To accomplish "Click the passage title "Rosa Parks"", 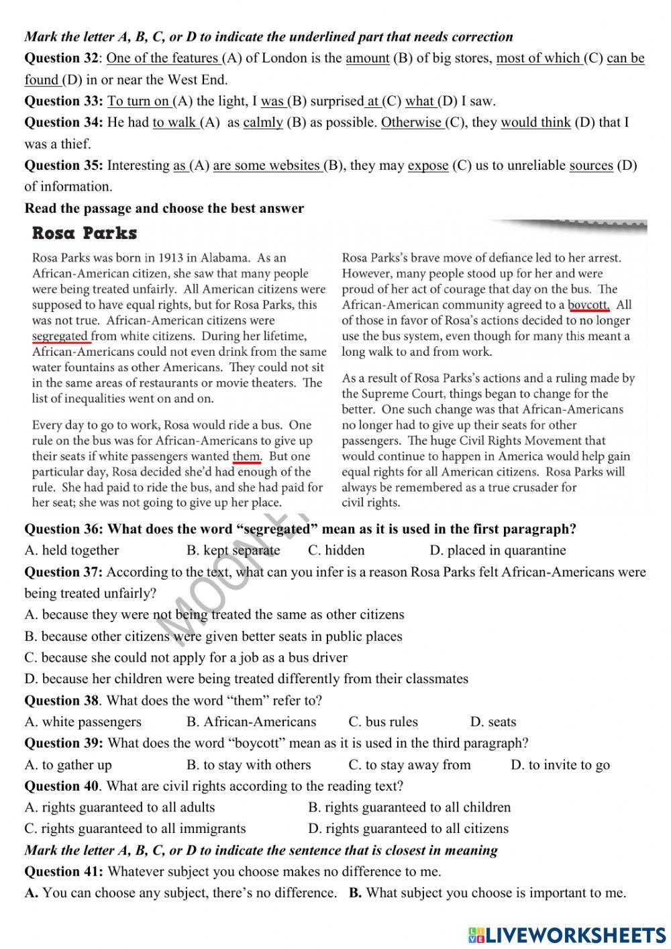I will [85, 234].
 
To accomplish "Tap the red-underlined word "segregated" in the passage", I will [60, 336].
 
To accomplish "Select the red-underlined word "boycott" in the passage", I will [588, 305].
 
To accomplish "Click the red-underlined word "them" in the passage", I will [246, 456].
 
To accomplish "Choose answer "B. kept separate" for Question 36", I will [233, 550].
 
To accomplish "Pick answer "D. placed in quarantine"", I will [497, 550].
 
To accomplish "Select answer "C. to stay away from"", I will [409, 764].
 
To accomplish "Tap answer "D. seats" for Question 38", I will [493, 721].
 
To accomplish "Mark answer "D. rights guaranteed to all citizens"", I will [408, 828].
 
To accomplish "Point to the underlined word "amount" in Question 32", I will [368, 58].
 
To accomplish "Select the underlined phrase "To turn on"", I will [138, 101].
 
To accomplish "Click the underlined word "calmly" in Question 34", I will [263, 122].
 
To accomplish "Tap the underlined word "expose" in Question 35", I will [427, 165].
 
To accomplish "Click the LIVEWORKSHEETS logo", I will [567, 935].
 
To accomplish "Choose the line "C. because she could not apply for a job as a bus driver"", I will [186, 657].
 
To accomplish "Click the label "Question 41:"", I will [64, 871].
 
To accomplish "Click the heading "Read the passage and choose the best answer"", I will [164, 208].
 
